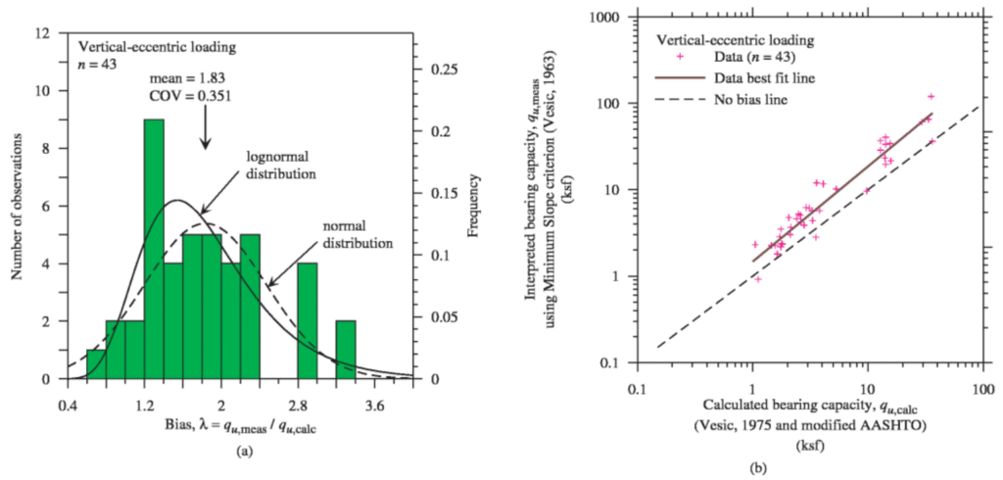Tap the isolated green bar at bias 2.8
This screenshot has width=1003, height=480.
coord(308,320)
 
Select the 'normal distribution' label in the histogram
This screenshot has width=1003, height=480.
coord(356,234)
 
